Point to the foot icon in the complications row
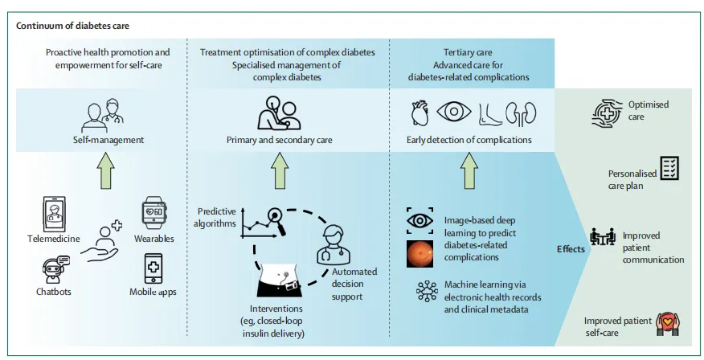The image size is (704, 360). point(487,114)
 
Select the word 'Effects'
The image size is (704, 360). point(571,249)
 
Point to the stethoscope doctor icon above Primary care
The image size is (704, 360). point(278,113)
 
